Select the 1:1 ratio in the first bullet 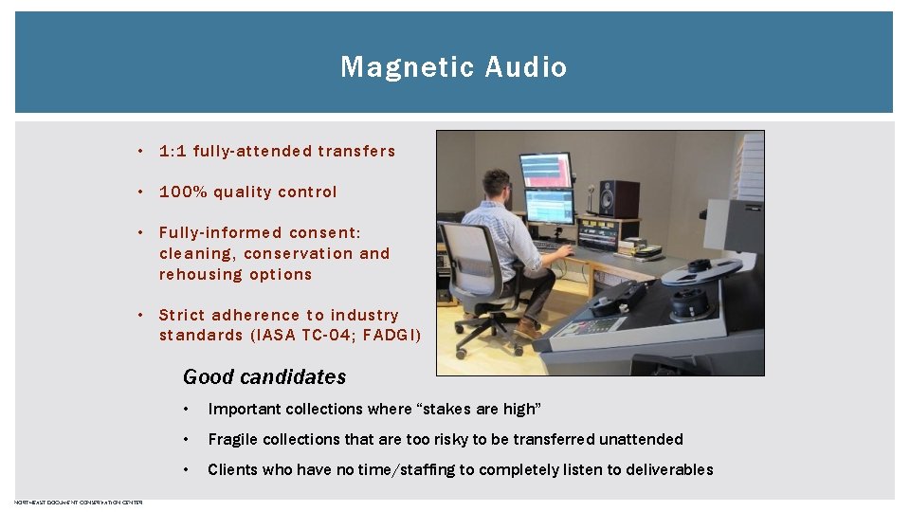coord(173,151)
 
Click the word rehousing coord(197,274)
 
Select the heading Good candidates coord(264,376)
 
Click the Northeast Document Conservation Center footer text coord(79,502)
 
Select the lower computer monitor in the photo coord(549,207)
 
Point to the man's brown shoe coord(528,328)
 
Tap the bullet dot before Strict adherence coord(138,315)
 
